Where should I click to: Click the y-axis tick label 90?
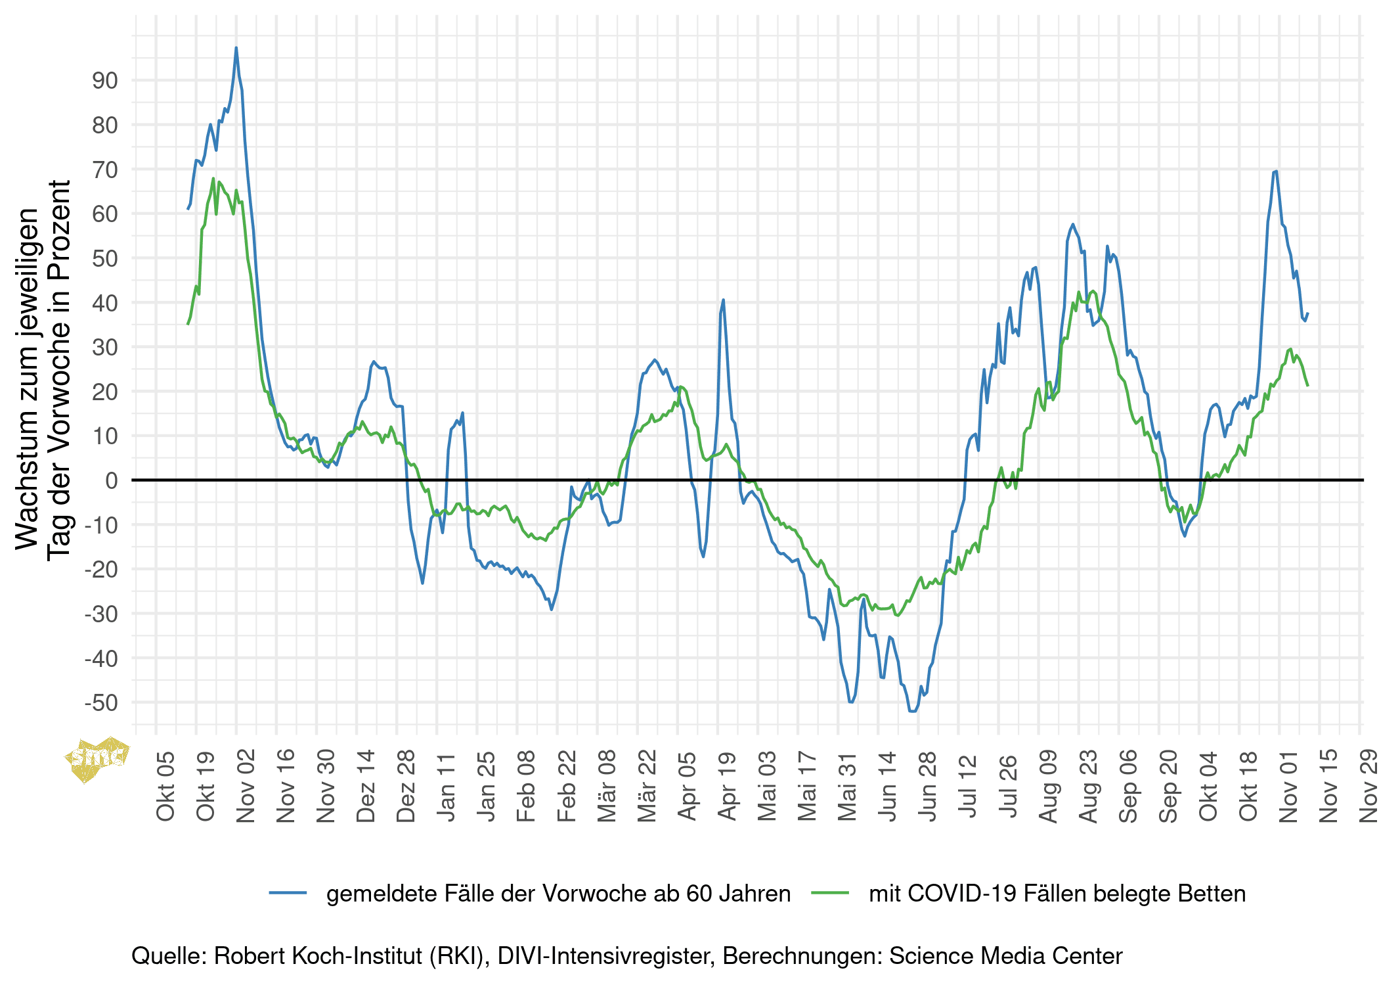[x=104, y=81]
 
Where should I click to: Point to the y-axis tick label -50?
[x=101, y=702]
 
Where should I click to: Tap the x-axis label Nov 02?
[x=245, y=786]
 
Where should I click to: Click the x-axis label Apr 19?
[x=726, y=786]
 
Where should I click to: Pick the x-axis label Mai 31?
[x=847, y=786]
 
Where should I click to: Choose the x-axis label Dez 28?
[x=406, y=786]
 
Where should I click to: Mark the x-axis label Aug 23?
[x=1088, y=786]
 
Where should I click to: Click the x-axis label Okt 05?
[x=165, y=786]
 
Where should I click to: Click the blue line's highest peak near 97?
[x=236, y=48]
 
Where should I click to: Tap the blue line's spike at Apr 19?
[x=723, y=300]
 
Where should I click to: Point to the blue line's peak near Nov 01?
[x=1275, y=172]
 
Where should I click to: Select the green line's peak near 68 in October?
[x=213, y=178]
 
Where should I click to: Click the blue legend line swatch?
[x=288, y=892]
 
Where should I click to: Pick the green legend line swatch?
[x=830, y=892]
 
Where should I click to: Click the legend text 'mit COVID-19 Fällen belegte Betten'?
[x=1057, y=894]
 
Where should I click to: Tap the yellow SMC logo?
[x=97, y=759]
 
